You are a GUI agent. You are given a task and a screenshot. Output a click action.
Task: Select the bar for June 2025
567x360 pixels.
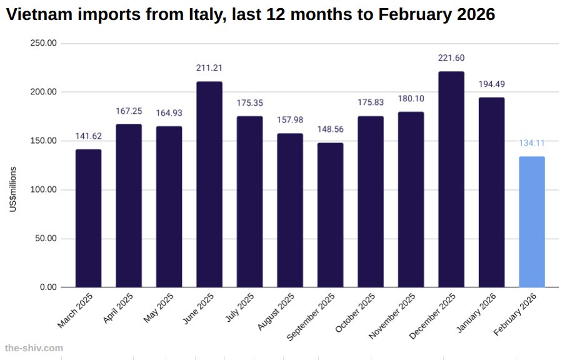209,184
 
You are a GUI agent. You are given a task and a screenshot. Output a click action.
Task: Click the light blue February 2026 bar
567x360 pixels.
532,222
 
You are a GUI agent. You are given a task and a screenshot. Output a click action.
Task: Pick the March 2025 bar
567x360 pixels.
88,218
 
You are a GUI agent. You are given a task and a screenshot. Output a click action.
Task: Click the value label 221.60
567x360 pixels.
451,58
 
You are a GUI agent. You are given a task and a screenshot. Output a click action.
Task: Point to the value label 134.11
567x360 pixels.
532,143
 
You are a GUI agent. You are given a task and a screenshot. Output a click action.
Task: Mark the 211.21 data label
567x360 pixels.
209,68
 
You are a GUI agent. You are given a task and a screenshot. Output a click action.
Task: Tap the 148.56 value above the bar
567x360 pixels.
330,129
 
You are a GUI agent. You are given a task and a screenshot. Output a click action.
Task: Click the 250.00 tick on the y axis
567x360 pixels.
44,43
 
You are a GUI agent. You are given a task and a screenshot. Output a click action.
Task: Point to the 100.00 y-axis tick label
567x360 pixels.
44,189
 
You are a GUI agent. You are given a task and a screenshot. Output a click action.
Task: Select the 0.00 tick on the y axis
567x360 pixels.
48,287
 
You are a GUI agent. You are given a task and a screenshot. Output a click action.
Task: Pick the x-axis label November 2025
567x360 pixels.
393,316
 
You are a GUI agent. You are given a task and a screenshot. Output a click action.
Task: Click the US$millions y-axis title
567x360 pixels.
13,189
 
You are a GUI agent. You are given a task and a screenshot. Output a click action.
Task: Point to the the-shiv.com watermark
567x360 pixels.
34,347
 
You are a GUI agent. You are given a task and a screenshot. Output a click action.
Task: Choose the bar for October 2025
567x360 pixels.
371,201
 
